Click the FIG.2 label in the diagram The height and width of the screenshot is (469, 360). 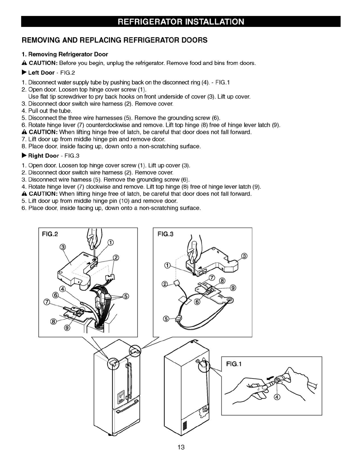pyautogui.click(x=50, y=234)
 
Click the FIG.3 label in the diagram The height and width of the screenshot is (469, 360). pyautogui.click(x=165, y=234)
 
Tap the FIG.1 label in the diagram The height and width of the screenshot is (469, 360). pyautogui.click(x=234, y=364)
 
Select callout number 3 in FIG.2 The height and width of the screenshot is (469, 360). pyautogui.click(x=63, y=247)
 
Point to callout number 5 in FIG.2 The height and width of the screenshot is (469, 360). pyautogui.click(x=126, y=296)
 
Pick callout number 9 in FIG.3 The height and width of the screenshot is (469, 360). pyautogui.click(x=233, y=288)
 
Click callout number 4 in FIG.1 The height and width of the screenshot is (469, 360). pyautogui.click(x=277, y=397)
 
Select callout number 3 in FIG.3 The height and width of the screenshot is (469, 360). pyautogui.click(x=244, y=256)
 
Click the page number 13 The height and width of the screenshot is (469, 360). pyautogui.click(x=181, y=447)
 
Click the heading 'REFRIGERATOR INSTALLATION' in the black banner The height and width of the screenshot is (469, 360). pyautogui.click(x=181, y=22)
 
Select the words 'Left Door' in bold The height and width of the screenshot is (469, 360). pyautogui.click(x=41, y=72)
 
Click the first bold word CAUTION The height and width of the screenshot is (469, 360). pyautogui.click(x=43, y=63)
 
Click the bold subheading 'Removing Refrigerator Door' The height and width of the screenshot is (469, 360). pyautogui.click(x=68, y=54)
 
